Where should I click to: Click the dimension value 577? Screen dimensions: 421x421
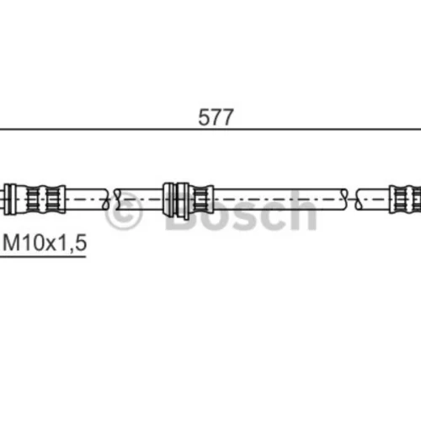[x=216, y=117]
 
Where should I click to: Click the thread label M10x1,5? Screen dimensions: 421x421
[x=45, y=242]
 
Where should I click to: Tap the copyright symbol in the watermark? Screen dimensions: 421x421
[x=124, y=211]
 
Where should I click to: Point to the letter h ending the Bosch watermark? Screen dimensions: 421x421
[x=303, y=210]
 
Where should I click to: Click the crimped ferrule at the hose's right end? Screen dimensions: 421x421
[x=405, y=200]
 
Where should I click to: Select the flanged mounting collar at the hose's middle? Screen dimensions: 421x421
[x=176, y=200]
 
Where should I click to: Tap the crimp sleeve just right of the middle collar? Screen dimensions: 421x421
[x=201, y=200]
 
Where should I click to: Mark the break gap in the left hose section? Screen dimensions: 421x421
[x=111, y=200]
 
